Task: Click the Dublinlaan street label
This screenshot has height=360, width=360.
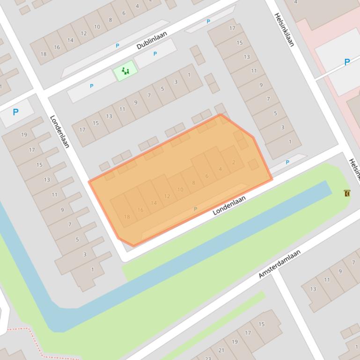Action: click(x=152, y=41)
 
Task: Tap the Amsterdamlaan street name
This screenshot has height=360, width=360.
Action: click(x=279, y=264)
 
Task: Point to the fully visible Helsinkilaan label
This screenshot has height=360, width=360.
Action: click(x=284, y=29)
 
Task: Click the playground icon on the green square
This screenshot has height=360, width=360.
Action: click(x=125, y=71)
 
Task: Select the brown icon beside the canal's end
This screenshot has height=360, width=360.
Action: click(x=347, y=193)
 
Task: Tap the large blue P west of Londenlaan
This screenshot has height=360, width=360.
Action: click(x=15, y=112)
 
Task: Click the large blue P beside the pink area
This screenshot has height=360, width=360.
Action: click(x=347, y=62)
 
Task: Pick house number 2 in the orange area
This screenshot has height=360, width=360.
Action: click(x=234, y=162)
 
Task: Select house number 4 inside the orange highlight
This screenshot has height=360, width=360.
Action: click(x=220, y=169)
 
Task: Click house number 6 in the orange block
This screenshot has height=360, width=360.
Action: click(x=207, y=176)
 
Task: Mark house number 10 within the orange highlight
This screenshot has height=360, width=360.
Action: click(x=180, y=189)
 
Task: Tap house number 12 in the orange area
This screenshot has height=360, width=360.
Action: click(x=167, y=196)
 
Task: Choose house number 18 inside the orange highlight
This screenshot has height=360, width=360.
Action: click(x=127, y=217)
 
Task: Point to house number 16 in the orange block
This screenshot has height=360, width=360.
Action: click(x=140, y=210)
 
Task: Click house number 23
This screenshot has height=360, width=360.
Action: click(x=208, y=358)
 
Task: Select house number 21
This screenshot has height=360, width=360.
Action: click(x=221, y=350)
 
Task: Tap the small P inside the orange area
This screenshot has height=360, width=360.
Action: click(x=195, y=209)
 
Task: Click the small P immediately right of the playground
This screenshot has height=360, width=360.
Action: click(x=155, y=54)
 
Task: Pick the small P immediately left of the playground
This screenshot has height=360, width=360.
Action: click(x=91, y=86)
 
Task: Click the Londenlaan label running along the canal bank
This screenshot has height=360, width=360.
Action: click(x=229, y=205)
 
